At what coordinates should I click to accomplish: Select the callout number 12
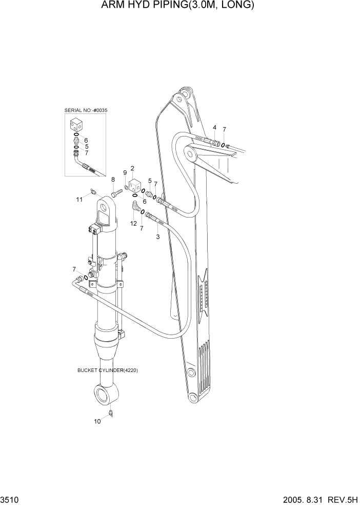133,223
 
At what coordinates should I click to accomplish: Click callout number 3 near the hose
157,237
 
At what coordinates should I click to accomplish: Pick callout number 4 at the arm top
214,127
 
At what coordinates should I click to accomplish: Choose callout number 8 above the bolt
113,179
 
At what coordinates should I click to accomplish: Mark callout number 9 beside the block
124,172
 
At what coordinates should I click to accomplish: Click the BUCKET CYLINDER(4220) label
108,370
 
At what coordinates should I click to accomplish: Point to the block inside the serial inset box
76,125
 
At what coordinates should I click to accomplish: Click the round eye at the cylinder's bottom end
106,396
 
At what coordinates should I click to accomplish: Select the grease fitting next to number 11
93,192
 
